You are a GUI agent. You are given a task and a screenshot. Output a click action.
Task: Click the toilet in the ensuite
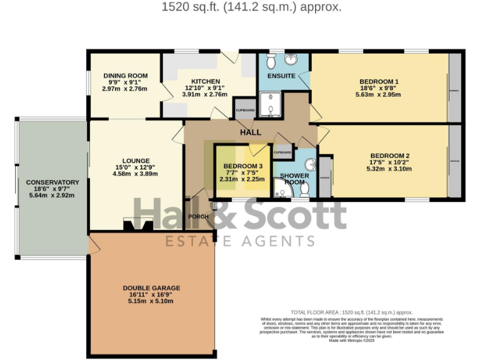[x=270, y=61]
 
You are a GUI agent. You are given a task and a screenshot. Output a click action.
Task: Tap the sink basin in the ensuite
[x=291, y=59]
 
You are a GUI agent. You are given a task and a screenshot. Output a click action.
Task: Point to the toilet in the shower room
[x=304, y=187]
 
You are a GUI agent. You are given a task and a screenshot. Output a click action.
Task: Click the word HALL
[x=250, y=132]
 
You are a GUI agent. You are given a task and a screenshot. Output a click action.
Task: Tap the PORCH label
[x=198, y=216]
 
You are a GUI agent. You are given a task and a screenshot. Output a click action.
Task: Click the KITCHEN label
[x=205, y=81]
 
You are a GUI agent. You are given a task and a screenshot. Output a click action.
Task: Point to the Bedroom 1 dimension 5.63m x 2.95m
[x=378, y=95]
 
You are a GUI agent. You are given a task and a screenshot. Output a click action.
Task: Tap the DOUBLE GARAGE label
[x=151, y=288]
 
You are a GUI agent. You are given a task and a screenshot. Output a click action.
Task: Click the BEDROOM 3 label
[x=239, y=166]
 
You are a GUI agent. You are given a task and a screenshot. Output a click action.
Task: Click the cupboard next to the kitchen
[x=245, y=109]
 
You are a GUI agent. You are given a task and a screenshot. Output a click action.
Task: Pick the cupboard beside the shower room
[x=282, y=152]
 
